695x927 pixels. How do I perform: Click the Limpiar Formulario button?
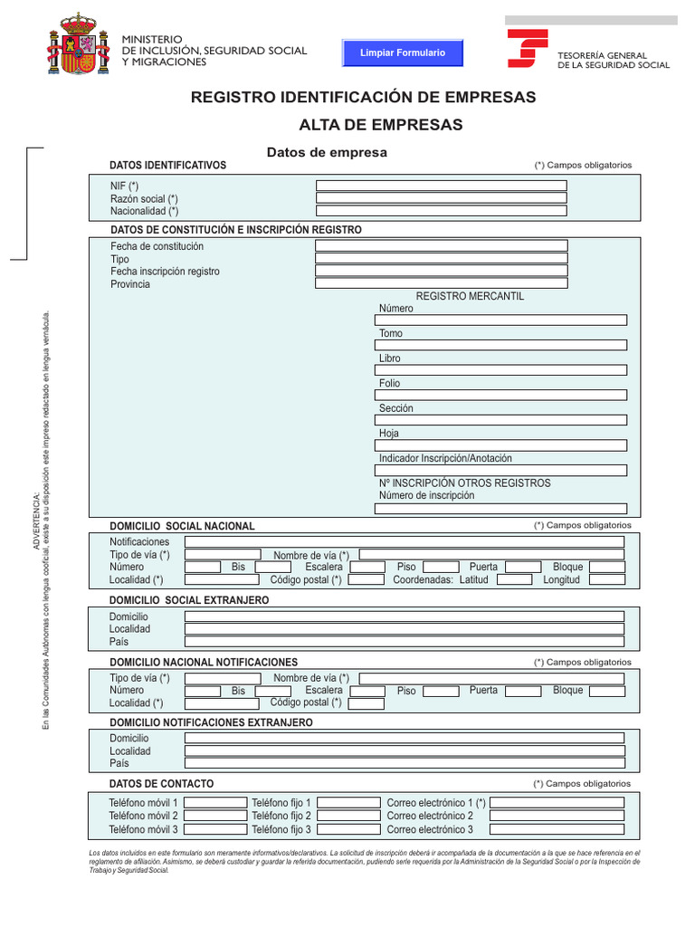pyautogui.click(x=403, y=53)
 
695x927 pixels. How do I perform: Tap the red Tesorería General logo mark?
pyautogui.click(x=527, y=48)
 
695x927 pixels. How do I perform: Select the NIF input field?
pyautogui.click(x=441, y=186)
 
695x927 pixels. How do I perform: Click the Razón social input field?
pyautogui.click(x=441, y=198)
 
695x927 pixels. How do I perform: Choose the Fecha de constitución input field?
pyautogui.click(x=441, y=245)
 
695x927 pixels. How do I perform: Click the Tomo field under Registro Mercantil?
pyautogui.click(x=500, y=345)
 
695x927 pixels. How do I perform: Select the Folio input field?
pyautogui.click(x=500, y=395)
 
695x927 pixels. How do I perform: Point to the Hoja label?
pyautogui.click(x=389, y=434)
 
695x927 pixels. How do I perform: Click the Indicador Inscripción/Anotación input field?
pyautogui.click(x=500, y=470)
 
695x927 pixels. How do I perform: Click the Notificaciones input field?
pyautogui.click(x=404, y=541)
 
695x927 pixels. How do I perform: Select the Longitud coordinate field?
pyautogui.click(x=606, y=579)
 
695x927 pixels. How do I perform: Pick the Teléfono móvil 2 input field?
pyautogui.click(x=214, y=816)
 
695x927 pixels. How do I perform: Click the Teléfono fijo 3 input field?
pyautogui.click(x=348, y=829)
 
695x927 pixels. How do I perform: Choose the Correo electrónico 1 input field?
pyautogui.click(x=557, y=803)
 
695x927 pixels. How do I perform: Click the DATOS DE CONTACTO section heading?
pyautogui.click(x=161, y=784)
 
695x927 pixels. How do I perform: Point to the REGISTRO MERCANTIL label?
pyautogui.click(x=470, y=296)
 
